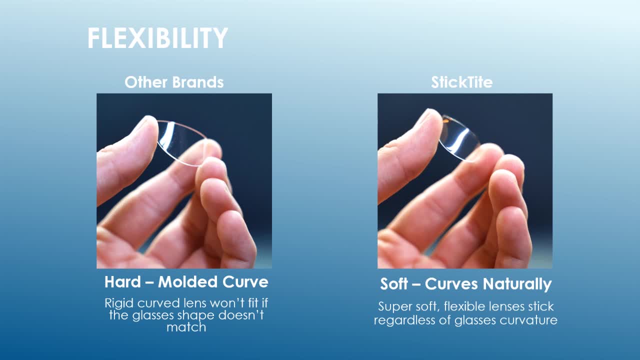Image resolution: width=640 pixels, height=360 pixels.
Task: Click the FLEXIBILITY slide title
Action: [157, 38]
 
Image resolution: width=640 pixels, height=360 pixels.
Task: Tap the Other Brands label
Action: [174, 82]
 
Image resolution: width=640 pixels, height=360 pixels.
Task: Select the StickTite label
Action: [461, 82]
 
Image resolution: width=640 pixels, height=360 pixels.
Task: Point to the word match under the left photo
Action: [186, 327]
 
